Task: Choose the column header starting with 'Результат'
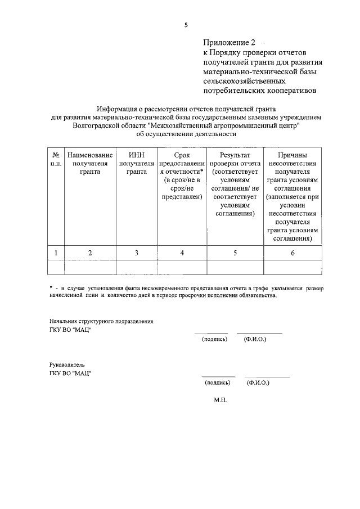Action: click(x=235, y=184)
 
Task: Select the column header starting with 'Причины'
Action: click(x=292, y=196)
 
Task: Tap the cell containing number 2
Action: click(x=90, y=253)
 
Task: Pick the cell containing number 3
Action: click(x=136, y=253)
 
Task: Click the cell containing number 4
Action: click(x=182, y=253)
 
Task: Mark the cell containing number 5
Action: click(x=235, y=253)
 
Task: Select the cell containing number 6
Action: click(x=292, y=253)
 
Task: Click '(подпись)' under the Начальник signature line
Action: click(x=214, y=340)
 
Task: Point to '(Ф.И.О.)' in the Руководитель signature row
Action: click(x=258, y=382)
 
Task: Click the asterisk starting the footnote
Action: click(x=51, y=288)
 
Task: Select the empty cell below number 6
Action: click(x=292, y=267)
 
